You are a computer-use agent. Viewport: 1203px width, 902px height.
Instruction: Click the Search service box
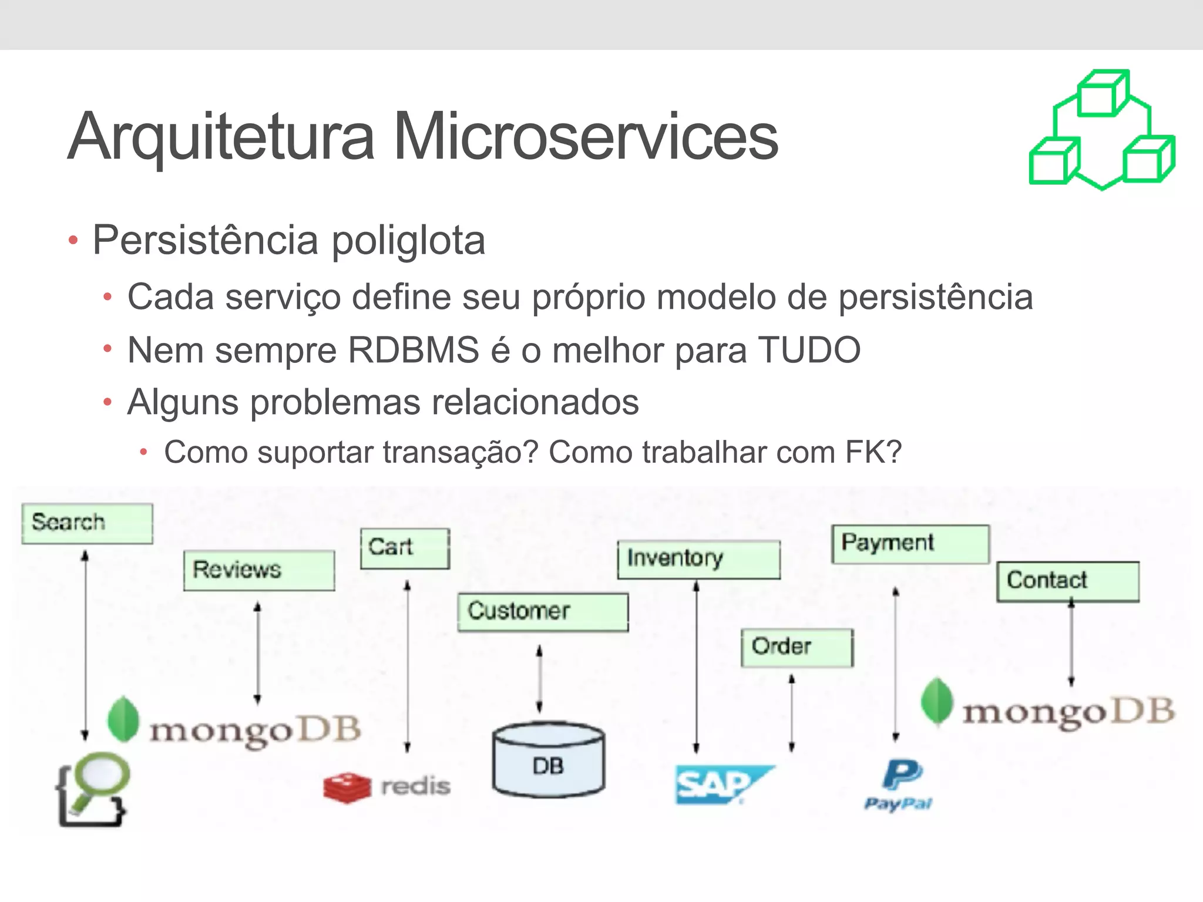[x=87, y=523]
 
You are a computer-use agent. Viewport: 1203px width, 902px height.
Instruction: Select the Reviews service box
[x=259, y=570]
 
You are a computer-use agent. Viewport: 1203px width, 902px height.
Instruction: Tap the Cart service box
[x=405, y=548]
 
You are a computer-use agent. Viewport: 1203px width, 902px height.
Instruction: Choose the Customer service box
[x=543, y=612]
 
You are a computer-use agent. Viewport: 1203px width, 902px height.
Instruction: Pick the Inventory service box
[x=698, y=559]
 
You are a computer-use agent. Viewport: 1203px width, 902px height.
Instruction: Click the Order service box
[x=797, y=648]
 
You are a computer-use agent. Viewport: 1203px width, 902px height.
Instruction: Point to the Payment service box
[x=910, y=544]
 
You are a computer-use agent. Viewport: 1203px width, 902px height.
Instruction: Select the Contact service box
[x=1067, y=581]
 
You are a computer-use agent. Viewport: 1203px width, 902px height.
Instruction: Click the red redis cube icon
[x=347, y=787]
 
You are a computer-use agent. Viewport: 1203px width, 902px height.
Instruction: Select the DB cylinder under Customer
[x=548, y=760]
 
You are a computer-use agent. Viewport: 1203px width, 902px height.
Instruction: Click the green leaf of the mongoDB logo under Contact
[x=936, y=701]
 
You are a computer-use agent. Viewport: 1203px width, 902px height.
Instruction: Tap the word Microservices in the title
[x=585, y=137]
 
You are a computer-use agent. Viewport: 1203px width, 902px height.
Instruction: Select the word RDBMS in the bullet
[x=414, y=351]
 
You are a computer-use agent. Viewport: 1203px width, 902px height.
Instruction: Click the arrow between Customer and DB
[x=539, y=679]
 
